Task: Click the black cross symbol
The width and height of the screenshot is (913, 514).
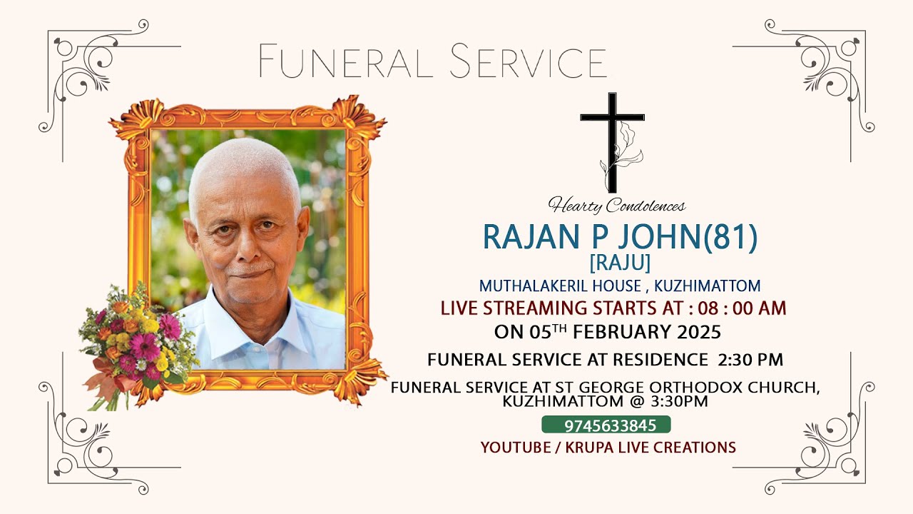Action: point(612,132)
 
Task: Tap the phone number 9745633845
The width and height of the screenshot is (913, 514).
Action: point(606,425)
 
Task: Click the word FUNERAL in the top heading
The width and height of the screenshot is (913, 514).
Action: point(345,61)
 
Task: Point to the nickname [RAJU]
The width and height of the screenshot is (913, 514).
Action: point(620,263)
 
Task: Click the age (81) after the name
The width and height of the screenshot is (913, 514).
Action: point(730,238)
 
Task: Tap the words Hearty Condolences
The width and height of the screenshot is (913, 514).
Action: point(617,206)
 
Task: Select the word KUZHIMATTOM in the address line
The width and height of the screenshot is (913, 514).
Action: point(708,286)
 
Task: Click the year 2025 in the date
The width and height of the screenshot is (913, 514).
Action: point(700,332)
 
